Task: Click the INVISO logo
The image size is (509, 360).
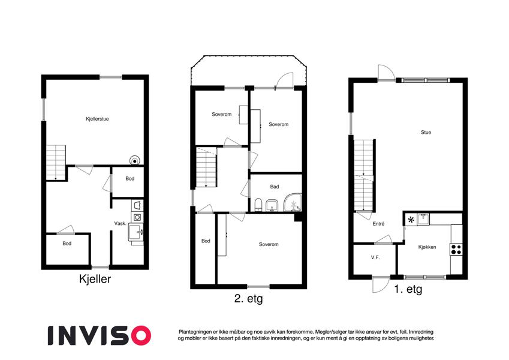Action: coord(100,335)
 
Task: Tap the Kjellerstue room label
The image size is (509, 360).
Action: coord(97,119)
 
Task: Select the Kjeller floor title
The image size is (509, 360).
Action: coord(95,279)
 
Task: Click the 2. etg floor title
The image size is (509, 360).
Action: coord(248,299)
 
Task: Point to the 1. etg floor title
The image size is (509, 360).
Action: coord(408,289)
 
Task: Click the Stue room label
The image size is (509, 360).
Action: coord(426,132)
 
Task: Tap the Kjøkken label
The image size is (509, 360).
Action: coord(427,247)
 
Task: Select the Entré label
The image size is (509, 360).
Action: coord(378,224)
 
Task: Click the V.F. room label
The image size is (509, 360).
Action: coord(375,257)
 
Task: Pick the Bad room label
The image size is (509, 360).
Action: coord(275,187)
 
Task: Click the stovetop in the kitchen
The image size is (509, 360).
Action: coord(456,250)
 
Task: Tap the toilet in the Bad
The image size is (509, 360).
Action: coord(258,205)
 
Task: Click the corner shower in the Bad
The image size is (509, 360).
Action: coord(293,203)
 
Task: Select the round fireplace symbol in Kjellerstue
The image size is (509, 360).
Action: coord(134,161)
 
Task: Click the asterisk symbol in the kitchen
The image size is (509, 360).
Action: coord(411,220)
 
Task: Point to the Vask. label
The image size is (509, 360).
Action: coord(120,223)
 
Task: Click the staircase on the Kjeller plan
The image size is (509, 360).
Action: coord(56,163)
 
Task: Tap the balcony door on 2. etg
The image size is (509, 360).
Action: coord(284,81)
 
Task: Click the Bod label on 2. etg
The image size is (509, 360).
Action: coord(206,241)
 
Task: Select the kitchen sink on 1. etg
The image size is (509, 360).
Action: coord(423,220)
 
